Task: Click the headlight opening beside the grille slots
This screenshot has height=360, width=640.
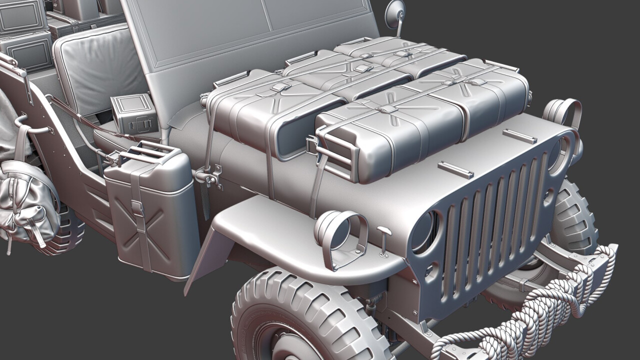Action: [x=425, y=231]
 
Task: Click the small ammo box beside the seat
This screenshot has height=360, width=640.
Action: [x=134, y=113]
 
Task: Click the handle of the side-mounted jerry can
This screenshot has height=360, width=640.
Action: [x=150, y=150]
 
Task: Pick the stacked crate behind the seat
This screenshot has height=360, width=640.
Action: [x=27, y=50]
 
